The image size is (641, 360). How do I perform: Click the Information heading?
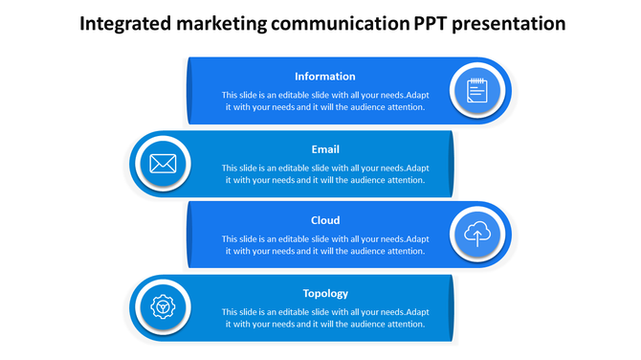(x=325, y=77)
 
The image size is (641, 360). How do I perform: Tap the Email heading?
(x=325, y=149)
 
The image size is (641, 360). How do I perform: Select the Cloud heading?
(x=325, y=220)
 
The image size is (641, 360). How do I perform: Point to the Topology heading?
(x=325, y=293)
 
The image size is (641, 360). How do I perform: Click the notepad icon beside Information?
(x=477, y=91)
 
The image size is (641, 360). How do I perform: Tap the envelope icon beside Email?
(x=163, y=164)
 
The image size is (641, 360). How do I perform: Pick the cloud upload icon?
(x=477, y=235)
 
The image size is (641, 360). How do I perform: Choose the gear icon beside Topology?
(x=162, y=307)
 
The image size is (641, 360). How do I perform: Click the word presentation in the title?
(x=509, y=23)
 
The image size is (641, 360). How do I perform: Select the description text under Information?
(x=325, y=101)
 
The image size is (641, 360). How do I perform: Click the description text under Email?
(x=325, y=174)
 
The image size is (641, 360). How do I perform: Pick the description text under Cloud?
(x=325, y=245)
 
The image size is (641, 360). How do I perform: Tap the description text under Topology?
(x=325, y=318)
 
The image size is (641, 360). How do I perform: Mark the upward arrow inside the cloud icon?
(x=477, y=235)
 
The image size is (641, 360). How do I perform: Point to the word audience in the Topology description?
(x=366, y=325)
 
